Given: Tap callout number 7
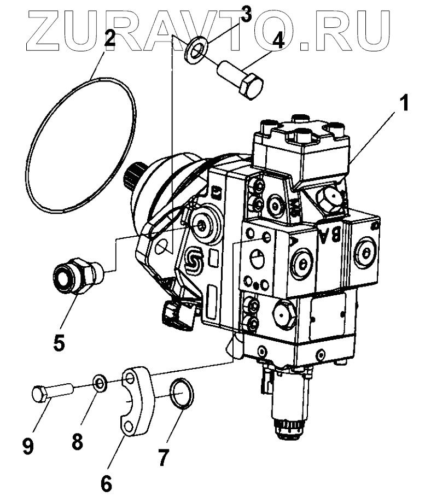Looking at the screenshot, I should click(162, 457).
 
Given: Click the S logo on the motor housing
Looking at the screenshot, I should click(194, 261).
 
